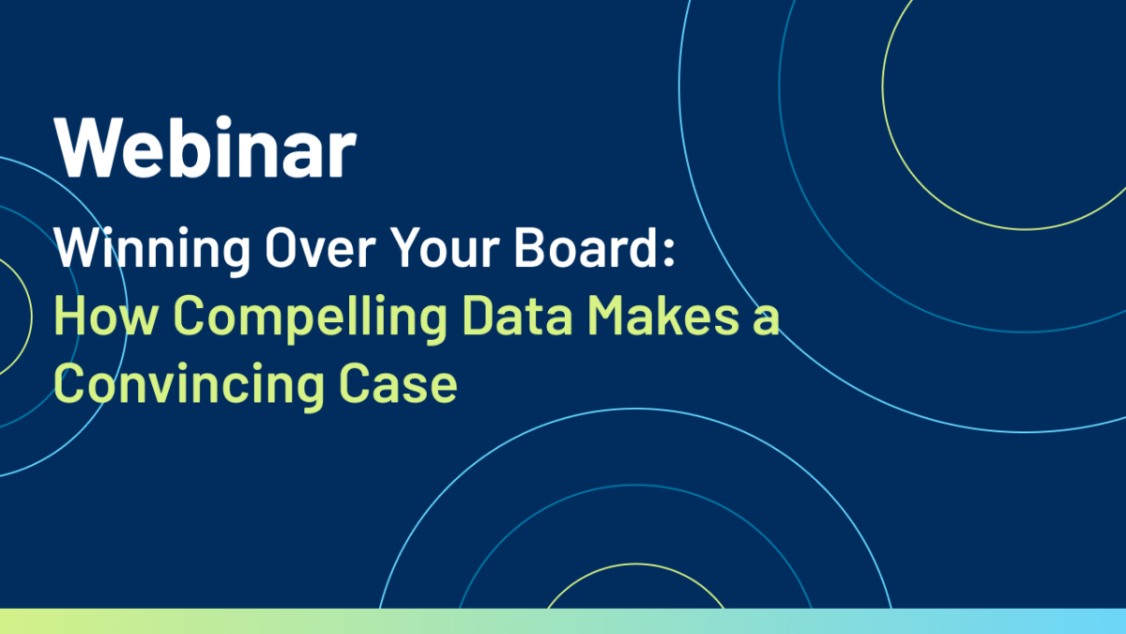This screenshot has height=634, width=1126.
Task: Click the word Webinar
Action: click(205, 147)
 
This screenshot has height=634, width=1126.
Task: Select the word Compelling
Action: click(311, 318)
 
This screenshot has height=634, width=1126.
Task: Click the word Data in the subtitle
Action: click(518, 316)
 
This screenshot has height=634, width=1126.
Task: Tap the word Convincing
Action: click(189, 386)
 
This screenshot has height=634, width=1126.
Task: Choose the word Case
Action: click(398, 383)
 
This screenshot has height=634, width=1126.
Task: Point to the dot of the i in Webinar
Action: click(222, 122)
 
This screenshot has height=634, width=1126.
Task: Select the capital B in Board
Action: click(529, 248)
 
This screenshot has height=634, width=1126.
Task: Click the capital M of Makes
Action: click(607, 316)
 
